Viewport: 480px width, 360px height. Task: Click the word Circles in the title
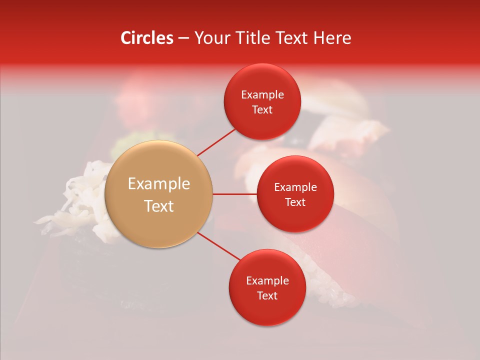point(146,38)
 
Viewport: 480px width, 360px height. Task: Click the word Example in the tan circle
point(159,183)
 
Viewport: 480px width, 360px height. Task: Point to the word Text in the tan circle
point(159,206)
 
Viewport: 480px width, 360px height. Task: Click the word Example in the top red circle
point(262,94)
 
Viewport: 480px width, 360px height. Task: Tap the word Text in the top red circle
point(262,109)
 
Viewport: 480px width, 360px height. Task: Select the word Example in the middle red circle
point(295,187)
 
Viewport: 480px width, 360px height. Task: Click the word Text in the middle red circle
point(295,202)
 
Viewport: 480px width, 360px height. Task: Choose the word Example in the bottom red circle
point(267,280)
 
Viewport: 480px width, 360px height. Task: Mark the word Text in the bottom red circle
point(267,295)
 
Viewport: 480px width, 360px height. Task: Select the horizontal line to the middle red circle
point(234,194)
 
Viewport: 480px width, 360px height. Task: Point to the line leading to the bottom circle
point(218,246)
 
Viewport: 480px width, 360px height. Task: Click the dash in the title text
point(183,38)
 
